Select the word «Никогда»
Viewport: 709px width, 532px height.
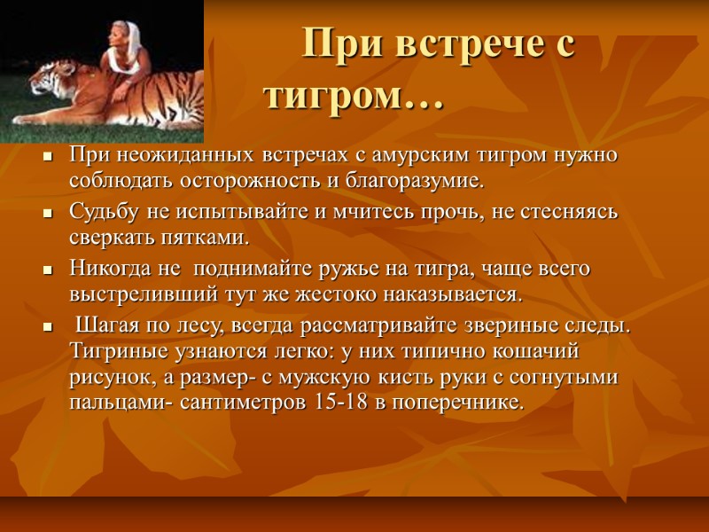110,268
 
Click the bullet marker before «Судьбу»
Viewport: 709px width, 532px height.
47,214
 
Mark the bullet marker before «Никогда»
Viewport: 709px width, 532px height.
47,269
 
